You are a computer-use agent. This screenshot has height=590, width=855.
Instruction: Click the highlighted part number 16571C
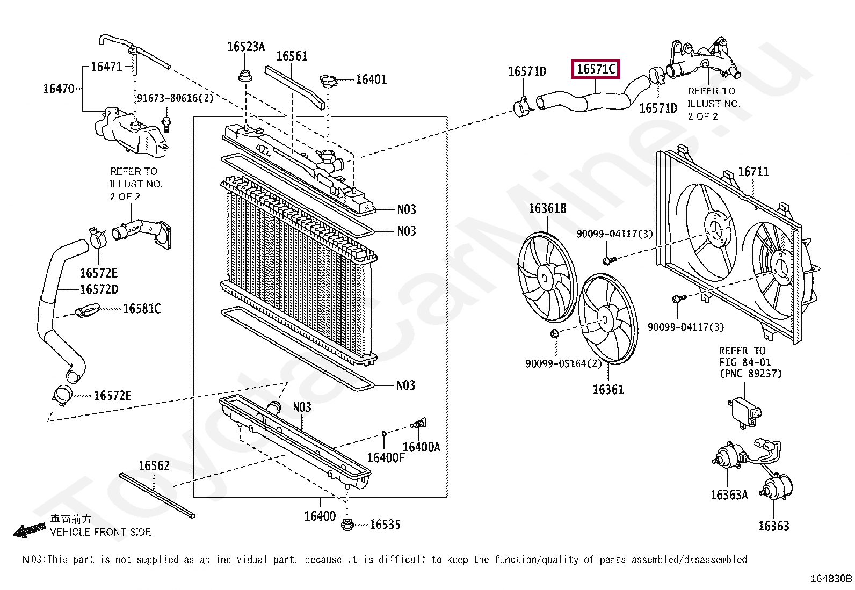click(596, 69)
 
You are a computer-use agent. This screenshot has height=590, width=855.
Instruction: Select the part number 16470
click(59, 89)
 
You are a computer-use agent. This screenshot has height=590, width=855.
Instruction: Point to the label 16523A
click(246, 47)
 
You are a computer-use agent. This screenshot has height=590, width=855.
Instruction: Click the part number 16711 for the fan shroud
click(753, 172)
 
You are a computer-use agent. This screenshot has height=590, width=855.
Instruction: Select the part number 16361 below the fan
click(608, 390)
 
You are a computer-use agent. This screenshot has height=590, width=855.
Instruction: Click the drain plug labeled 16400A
click(419, 424)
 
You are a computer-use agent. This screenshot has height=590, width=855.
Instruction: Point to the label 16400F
click(386, 457)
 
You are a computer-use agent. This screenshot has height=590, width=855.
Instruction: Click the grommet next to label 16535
click(347, 525)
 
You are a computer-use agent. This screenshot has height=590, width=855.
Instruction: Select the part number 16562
click(154, 465)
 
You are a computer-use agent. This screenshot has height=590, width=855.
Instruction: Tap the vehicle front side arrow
click(30, 530)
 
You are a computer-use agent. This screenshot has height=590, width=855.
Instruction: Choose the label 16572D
click(99, 289)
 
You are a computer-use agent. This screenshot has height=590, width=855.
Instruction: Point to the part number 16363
click(773, 526)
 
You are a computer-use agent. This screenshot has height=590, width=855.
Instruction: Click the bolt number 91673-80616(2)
click(175, 98)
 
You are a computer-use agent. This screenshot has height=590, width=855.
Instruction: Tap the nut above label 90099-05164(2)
click(555, 333)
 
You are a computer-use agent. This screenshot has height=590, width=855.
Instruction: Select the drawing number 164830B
click(831, 578)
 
